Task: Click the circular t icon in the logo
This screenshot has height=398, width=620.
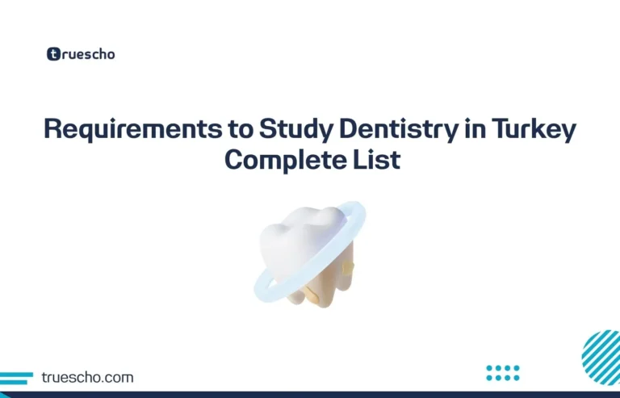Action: pos(53,54)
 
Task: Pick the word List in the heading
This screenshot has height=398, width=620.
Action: pos(374,159)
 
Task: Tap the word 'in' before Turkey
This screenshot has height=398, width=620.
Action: pos(465,130)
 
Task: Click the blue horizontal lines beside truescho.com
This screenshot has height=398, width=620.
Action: pos(16,378)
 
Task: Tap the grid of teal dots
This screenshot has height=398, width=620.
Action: pos(503,372)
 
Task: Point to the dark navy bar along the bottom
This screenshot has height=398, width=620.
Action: pos(310,394)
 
